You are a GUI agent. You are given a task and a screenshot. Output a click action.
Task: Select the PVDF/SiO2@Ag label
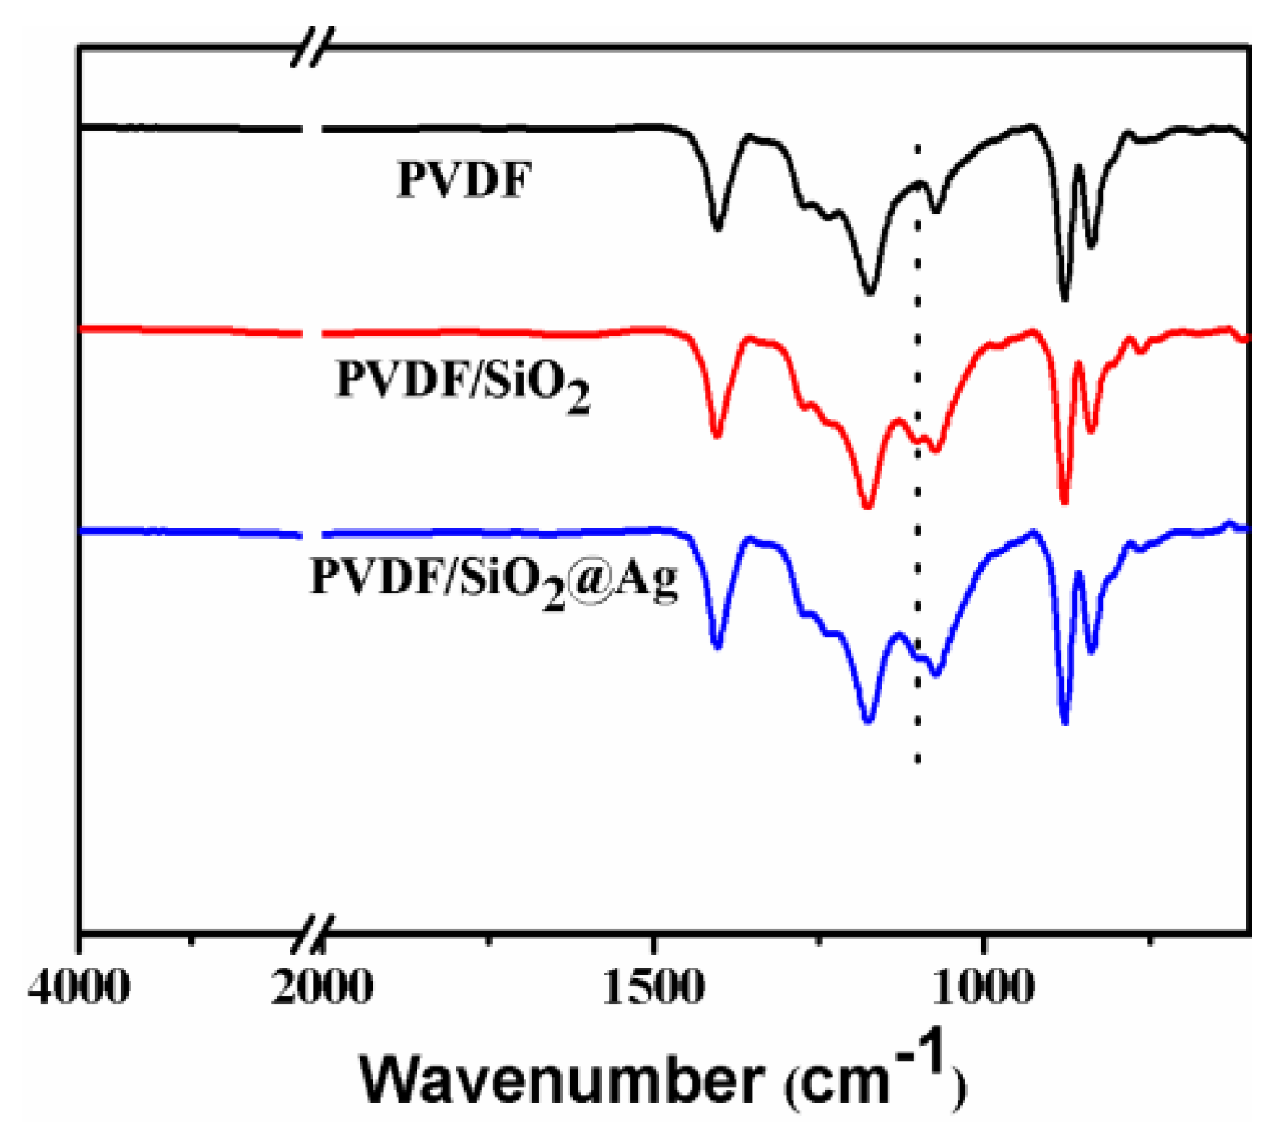(494, 579)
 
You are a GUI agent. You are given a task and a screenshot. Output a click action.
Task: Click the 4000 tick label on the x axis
(79, 987)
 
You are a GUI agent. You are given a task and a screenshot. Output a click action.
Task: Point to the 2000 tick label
(322, 987)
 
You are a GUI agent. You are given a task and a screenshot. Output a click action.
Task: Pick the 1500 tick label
(653, 987)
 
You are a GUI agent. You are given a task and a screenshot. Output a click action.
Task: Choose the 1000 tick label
(984, 987)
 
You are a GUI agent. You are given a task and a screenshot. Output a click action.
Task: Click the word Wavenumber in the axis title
(562, 1079)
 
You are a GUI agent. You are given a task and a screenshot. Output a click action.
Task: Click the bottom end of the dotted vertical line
(918, 761)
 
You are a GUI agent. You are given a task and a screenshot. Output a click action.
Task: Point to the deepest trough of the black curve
(1064, 298)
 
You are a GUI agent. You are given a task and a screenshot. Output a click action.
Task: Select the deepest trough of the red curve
(1064, 502)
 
